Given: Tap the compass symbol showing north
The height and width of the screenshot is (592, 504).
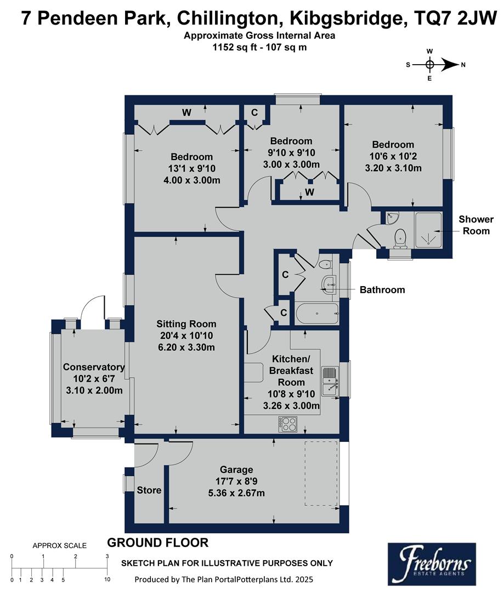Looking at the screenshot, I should click(430, 65).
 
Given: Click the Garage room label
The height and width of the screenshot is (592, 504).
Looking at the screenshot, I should click(236, 469).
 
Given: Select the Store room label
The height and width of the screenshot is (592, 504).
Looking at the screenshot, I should click(149, 489).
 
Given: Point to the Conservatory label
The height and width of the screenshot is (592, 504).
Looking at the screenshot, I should click(93, 367).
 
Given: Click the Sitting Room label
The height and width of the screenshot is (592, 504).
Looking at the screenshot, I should click(186, 324).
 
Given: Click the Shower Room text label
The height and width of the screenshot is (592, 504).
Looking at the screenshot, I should click(476, 225).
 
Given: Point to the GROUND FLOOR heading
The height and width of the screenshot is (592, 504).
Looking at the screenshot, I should click(157, 543).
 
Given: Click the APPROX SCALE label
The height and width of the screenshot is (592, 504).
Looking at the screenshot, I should click(59, 545).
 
